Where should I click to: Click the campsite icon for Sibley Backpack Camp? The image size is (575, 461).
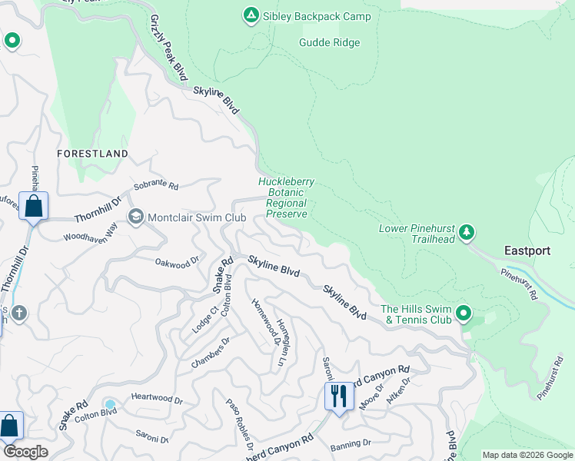click(x=251, y=15)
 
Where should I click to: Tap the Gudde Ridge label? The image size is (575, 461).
click(x=330, y=42)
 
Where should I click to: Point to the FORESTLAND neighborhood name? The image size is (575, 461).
click(x=92, y=154)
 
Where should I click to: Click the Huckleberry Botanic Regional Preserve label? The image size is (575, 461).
click(x=286, y=198)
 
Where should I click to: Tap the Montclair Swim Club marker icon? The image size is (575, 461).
click(x=136, y=217)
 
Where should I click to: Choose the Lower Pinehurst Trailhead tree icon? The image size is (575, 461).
click(x=467, y=233)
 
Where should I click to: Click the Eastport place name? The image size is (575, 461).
click(x=527, y=250)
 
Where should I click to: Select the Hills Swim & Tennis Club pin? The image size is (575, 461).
click(x=464, y=313)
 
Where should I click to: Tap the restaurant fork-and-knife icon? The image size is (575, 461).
click(x=339, y=396)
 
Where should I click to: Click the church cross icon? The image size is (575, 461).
click(x=19, y=313)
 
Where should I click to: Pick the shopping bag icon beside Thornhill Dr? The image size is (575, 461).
click(x=33, y=206)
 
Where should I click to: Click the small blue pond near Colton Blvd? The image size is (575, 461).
click(x=110, y=404)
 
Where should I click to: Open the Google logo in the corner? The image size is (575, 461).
click(x=25, y=452)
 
